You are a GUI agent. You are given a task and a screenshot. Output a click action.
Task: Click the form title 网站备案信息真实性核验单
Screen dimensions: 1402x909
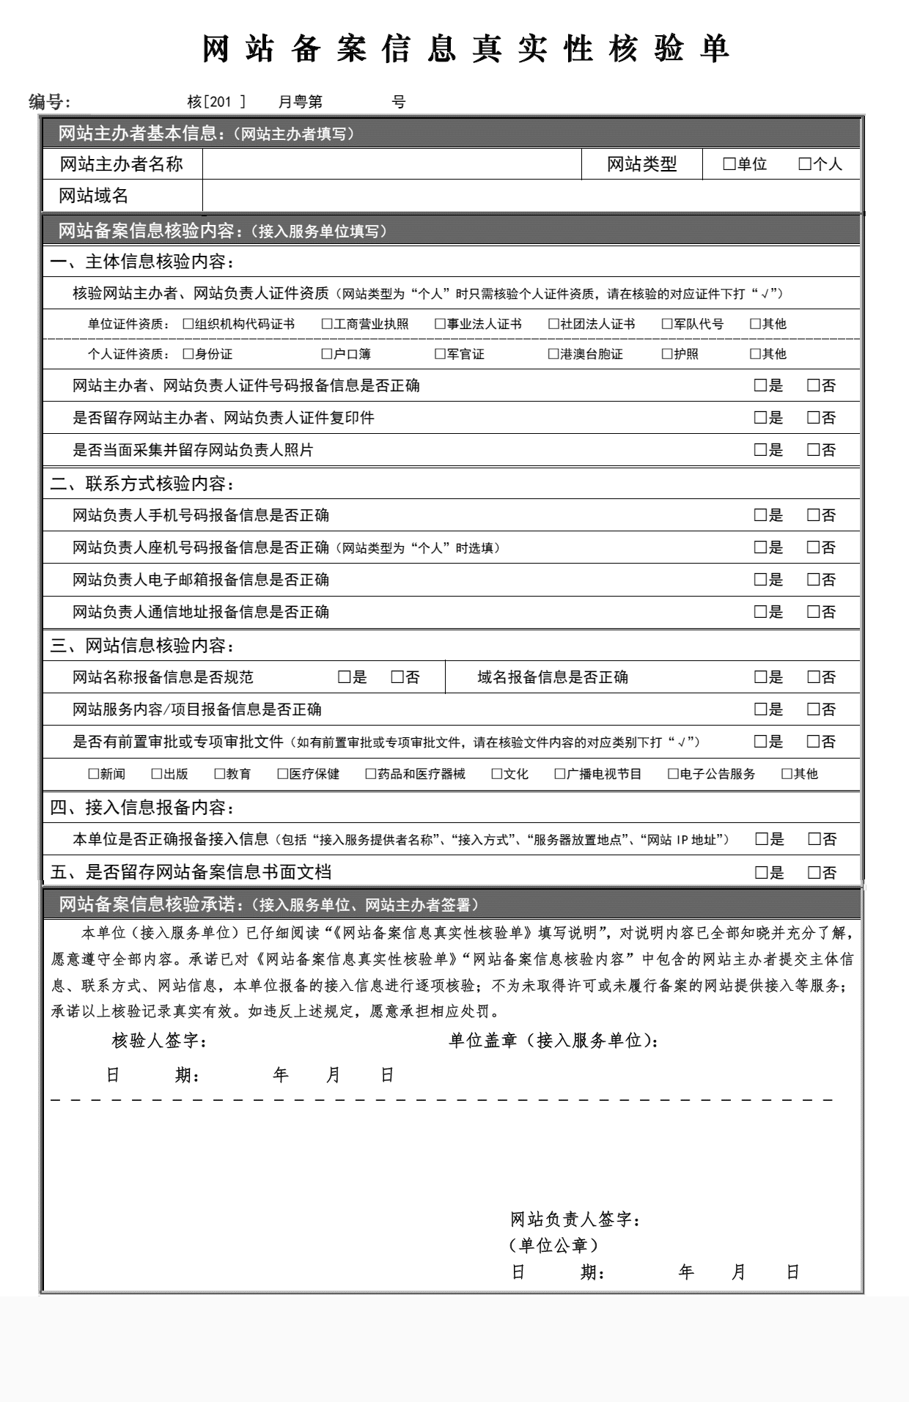point(466,49)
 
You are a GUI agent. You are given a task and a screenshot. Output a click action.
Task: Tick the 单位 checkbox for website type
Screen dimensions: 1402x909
point(729,164)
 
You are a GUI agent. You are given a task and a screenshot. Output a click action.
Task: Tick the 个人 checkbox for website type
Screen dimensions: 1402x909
point(804,164)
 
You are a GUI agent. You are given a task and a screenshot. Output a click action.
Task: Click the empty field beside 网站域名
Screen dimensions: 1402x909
point(531,196)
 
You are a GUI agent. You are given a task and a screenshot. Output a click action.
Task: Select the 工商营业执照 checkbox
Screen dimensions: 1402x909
point(327,324)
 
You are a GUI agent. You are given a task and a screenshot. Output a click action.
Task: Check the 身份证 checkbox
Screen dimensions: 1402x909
point(188,354)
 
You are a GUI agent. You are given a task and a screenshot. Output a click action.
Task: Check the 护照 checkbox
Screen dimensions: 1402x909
point(667,354)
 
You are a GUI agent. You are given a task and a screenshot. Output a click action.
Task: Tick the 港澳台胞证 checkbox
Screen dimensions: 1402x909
point(553,354)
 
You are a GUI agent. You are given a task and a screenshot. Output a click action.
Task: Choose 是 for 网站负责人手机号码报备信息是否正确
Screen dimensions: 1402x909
point(760,515)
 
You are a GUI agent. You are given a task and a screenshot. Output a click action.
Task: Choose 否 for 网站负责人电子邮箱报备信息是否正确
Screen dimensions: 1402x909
point(813,580)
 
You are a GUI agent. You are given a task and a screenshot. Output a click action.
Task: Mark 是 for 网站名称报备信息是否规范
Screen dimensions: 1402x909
point(344,677)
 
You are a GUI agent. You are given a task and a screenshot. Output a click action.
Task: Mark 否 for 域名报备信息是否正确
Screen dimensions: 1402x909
point(813,677)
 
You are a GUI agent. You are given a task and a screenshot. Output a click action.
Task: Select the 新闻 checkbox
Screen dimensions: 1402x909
point(94,774)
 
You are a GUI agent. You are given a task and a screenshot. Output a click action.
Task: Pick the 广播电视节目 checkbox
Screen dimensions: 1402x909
point(560,774)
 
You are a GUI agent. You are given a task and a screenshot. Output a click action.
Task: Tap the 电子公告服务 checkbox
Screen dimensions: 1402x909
point(673,774)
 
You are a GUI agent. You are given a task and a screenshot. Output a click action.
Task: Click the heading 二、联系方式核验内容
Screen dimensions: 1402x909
point(142,484)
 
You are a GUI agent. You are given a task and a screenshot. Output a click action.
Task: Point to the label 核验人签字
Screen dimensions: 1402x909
point(159,1041)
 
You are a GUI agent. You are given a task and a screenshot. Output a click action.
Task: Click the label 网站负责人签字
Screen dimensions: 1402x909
point(575,1220)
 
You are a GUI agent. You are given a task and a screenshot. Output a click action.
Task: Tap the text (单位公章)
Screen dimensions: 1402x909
point(553,1245)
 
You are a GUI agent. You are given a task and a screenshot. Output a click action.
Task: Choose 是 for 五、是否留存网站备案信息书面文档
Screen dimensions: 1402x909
point(761,872)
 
